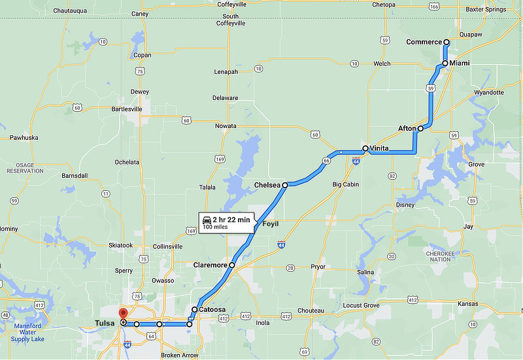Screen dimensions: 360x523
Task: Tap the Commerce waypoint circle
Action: pos(447,42)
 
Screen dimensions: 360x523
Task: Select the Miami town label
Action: pos(460,63)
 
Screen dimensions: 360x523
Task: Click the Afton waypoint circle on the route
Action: pos(420,129)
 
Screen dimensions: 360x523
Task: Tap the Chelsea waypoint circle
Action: pos(285,186)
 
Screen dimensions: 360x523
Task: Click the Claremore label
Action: pos(210,265)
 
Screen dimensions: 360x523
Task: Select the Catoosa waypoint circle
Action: pos(195,310)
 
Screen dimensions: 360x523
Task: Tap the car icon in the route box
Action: pos(207,220)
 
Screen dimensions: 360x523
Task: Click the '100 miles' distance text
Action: pos(216,227)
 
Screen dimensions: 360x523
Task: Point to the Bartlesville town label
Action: pos(127,109)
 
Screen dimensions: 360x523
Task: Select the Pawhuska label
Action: pos(24,138)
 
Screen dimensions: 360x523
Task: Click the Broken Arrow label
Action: pos(180,355)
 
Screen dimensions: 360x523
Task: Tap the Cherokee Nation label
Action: pos(440,255)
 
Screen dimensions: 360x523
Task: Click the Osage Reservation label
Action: pos(25,167)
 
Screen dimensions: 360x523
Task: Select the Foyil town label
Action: pos(270,224)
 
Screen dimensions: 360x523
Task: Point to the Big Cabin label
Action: pos(346,185)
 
